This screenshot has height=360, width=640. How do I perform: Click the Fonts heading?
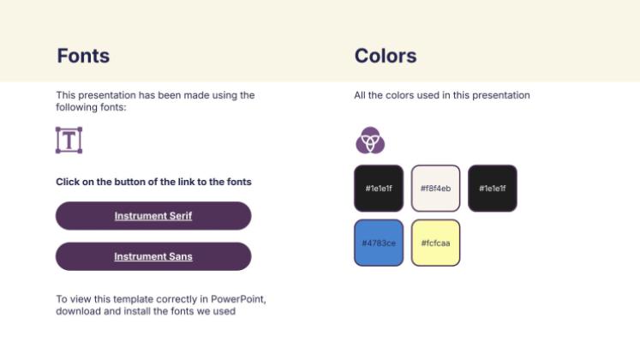83,57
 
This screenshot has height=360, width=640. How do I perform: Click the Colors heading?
386,57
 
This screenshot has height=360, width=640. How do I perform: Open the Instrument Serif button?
153,216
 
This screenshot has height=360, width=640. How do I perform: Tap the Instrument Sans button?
153,256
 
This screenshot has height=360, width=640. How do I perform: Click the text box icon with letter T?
69,140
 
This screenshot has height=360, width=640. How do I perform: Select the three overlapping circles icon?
370,140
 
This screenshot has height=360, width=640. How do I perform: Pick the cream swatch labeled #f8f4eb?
435,189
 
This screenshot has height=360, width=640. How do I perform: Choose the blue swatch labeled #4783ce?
379,243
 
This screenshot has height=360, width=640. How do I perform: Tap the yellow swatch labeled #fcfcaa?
435,243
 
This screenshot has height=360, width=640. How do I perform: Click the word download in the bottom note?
78,311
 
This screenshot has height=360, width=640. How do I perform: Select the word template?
136,299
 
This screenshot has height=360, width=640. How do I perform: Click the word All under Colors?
361,95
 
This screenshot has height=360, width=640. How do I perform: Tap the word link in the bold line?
191,182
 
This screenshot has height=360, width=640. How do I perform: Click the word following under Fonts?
78,107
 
